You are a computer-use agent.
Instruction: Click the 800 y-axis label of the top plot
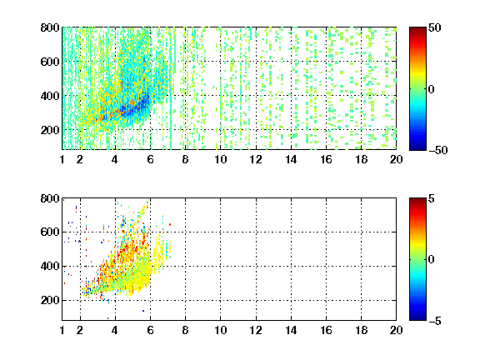pyautogui.click(x=50, y=27)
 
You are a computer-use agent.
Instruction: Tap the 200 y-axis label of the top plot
pyautogui.click(x=50, y=130)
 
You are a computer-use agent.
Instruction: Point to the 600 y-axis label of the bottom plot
pyautogui.click(x=50, y=232)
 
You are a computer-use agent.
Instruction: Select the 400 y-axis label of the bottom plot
pyautogui.click(x=50, y=266)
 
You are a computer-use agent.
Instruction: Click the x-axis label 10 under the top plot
pyautogui.click(x=220, y=159)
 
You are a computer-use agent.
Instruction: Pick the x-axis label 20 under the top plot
pyautogui.click(x=396, y=159)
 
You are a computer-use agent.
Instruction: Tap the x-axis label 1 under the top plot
pyautogui.click(x=62, y=159)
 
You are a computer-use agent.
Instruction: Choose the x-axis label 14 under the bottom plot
pyautogui.click(x=291, y=330)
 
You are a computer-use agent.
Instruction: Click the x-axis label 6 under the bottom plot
pyautogui.click(x=150, y=330)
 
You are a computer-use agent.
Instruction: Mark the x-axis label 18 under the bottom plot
pyautogui.click(x=361, y=330)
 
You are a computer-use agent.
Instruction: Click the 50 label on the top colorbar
pyautogui.click(x=434, y=27)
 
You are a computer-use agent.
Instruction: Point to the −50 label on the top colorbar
pyautogui.click(x=437, y=150)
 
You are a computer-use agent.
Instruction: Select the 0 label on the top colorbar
pyautogui.click(x=432, y=89)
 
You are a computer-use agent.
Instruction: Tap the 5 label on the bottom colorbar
pyautogui.click(x=432, y=198)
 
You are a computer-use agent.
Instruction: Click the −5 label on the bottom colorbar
pyautogui.click(x=435, y=321)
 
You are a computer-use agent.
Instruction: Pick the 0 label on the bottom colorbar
pyautogui.click(x=432, y=260)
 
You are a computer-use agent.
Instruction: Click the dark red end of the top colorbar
pyautogui.click(x=417, y=29)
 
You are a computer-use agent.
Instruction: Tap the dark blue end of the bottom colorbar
pyautogui.click(x=417, y=318)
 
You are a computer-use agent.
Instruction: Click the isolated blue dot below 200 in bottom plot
pyautogui.click(x=143, y=311)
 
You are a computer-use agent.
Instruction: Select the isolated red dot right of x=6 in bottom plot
pyautogui.click(x=170, y=224)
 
